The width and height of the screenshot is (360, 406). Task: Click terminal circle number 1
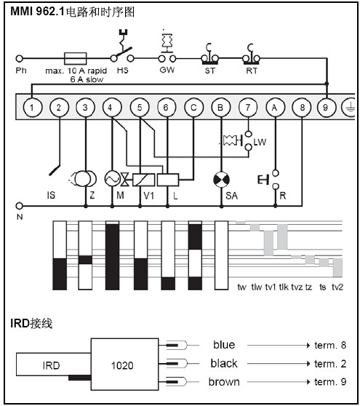[32, 108]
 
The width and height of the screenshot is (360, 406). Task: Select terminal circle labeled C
[193, 108]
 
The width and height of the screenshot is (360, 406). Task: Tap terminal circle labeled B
[221, 108]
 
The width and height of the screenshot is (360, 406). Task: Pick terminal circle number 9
[326, 108]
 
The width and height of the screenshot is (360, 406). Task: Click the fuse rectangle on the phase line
[75, 58]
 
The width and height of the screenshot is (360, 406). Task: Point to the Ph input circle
[19, 58]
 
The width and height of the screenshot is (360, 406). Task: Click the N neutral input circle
[19, 206]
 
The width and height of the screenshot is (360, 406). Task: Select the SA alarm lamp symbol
[221, 180]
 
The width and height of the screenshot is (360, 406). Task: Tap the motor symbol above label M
[112, 179]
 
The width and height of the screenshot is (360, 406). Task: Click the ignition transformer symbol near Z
[84, 179]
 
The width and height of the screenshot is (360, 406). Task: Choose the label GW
[167, 70]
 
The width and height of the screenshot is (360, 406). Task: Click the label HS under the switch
[122, 71]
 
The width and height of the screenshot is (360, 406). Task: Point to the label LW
[260, 142]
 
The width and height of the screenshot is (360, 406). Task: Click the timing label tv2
[337, 287]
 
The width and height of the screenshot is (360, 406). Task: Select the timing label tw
[241, 287]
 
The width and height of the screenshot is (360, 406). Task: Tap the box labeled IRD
[54, 365]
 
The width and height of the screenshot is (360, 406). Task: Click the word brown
[224, 382]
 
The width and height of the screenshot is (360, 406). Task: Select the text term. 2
[330, 364]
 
